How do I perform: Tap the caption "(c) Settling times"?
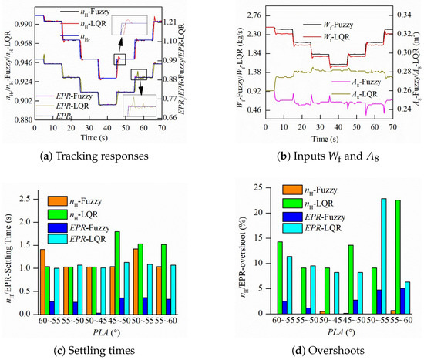coord(106,351)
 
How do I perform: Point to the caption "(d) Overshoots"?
coord(317,351)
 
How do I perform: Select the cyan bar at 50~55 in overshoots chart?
coord(362,257)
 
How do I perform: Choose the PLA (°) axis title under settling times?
coord(106,332)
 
